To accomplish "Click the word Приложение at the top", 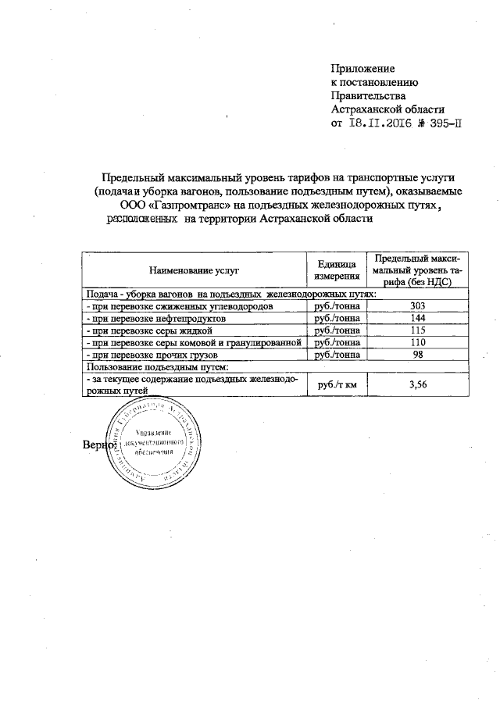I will (x=362, y=68).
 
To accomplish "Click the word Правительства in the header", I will (x=366, y=96).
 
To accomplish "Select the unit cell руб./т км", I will (x=337, y=383).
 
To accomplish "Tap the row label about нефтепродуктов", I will (x=156, y=319).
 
